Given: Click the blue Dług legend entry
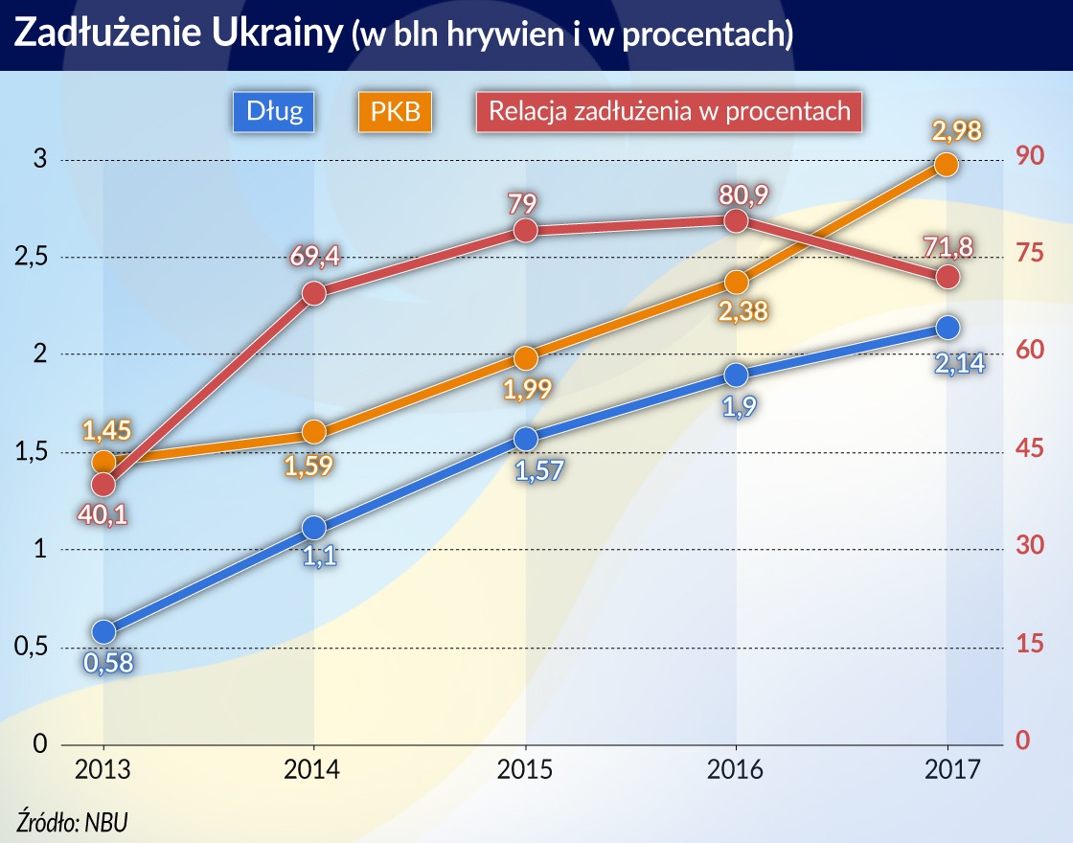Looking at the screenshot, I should coord(274,111).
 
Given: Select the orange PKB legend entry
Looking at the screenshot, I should coord(394,111).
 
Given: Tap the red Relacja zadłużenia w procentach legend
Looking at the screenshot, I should coord(669,111).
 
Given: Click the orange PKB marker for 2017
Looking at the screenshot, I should coord(946,165).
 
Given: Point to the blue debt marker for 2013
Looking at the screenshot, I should coord(103,631).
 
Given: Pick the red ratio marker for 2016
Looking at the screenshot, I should coord(736,220).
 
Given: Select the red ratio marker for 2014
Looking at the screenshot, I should coord(314,293).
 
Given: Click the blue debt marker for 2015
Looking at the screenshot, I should coord(525,439).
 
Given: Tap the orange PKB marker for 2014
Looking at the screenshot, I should coord(314,432).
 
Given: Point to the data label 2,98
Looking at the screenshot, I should coord(955,131).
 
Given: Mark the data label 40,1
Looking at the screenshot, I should coord(103,513).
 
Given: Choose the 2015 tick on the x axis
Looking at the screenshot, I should coord(525,770).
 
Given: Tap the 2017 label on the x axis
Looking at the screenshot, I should coord(947,770).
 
